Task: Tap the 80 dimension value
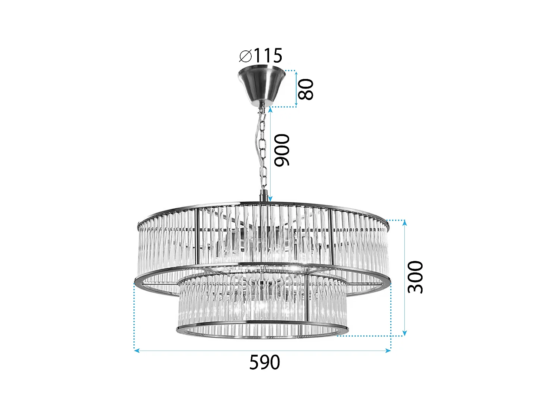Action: point(306,89)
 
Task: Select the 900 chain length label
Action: point(282,150)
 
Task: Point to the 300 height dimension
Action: point(415,277)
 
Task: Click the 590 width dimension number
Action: point(264,363)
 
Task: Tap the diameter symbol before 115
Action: point(245,56)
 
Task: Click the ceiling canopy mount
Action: point(262,85)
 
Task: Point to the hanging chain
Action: point(263,148)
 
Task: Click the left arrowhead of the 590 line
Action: point(136,350)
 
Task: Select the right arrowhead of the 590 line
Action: point(388,350)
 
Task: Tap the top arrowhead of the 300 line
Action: point(404,222)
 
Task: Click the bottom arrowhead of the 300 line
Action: point(404,333)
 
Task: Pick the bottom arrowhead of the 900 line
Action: point(270,199)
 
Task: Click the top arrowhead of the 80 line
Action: point(296,72)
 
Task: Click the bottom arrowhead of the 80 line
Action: point(296,105)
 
